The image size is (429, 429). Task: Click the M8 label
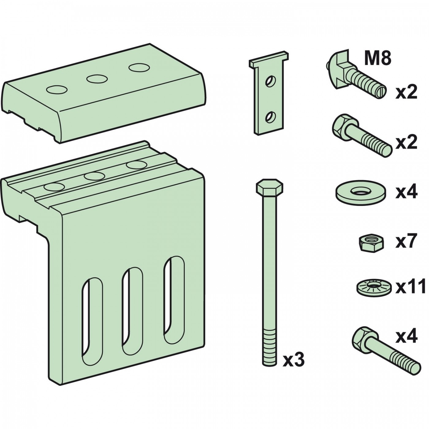tap(378, 59)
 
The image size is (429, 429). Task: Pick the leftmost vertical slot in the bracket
tap(93, 322)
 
